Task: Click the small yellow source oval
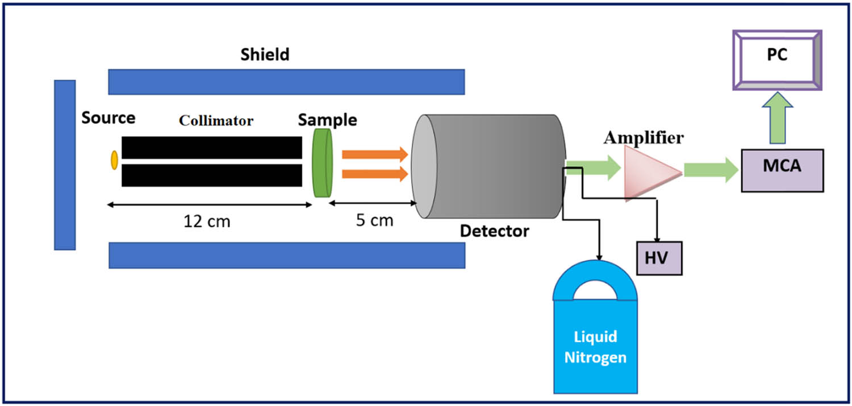click(114, 160)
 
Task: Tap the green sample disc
click(322, 163)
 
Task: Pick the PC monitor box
click(776, 60)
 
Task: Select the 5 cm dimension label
click(374, 220)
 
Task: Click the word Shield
click(265, 55)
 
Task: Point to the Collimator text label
click(216, 120)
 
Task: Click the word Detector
click(494, 231)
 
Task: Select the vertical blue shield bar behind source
click(65, 165)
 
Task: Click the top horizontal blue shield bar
click(286, 82)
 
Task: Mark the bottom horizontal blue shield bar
click(286, 255)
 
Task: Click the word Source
click(108, 118)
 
